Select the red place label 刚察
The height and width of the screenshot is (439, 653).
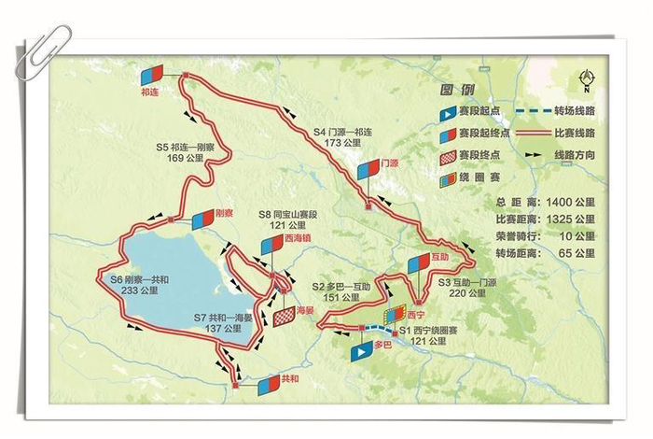point(223,212)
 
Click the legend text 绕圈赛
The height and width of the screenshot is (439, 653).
point(481,177)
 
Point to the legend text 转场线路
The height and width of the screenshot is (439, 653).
point(576,111)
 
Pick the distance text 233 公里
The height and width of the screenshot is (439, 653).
point(141,291)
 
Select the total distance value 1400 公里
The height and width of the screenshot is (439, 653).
point(573,201)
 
